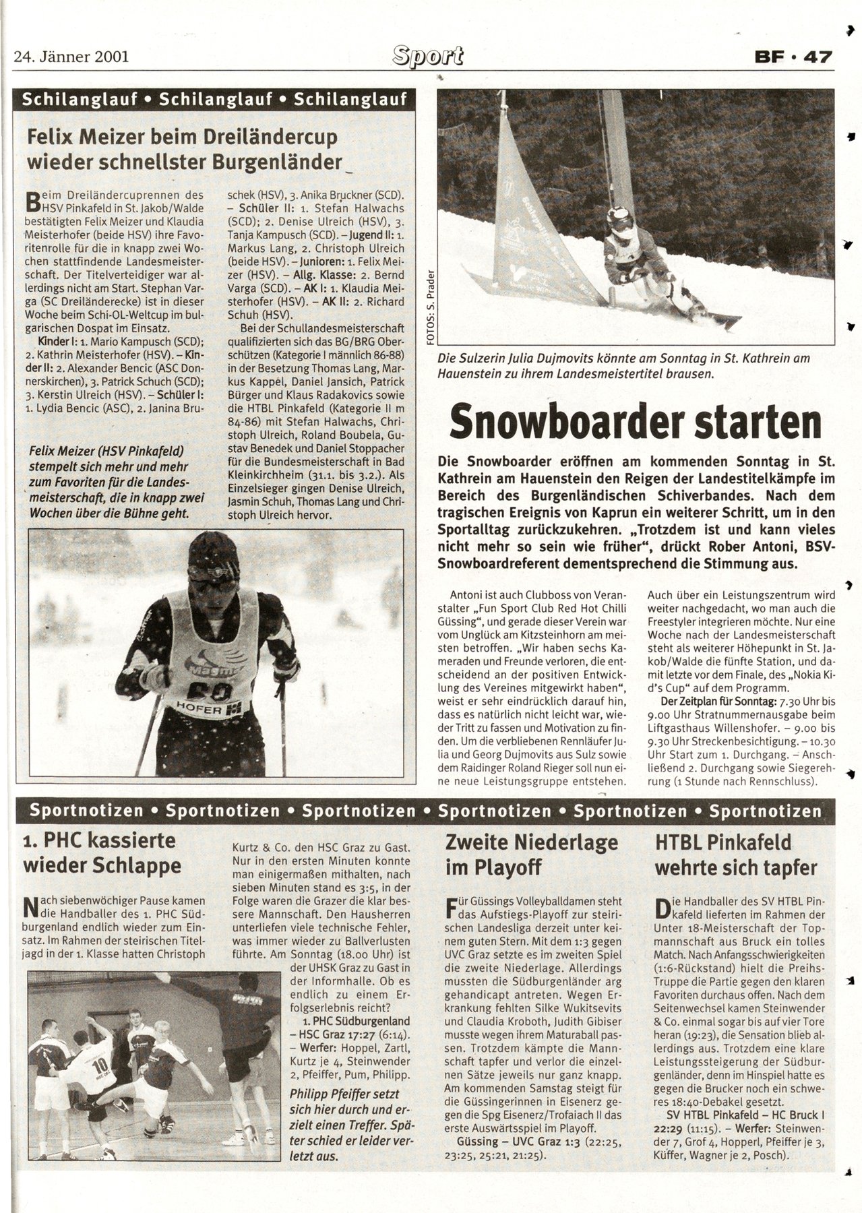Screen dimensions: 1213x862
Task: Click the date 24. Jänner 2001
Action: pos(71,57)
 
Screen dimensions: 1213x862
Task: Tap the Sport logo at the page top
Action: pos(429,57)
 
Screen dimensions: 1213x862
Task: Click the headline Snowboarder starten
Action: pos(636,423)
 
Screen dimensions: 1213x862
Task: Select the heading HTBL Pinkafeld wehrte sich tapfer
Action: pos(735,854)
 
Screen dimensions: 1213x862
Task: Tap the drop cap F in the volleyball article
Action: pos(452,908)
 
